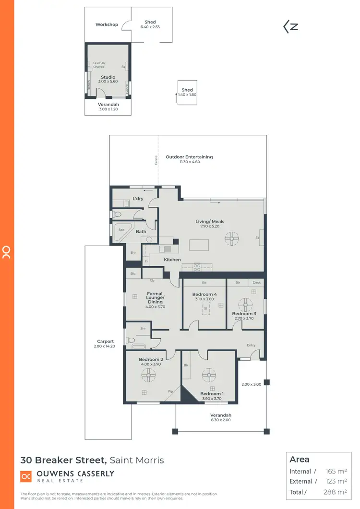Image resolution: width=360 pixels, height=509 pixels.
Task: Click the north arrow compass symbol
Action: coord(291,27)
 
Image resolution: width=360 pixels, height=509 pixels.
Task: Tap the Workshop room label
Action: coord(107,24)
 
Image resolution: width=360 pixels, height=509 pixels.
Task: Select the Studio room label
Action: coord(108,77)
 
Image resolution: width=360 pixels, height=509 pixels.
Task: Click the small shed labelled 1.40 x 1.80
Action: coord(187,92)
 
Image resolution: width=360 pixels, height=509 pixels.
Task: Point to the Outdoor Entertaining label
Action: coord(189,157)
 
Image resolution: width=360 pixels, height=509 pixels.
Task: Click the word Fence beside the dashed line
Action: coord(156,160)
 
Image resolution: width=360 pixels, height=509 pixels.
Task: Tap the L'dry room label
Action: coord(138,199)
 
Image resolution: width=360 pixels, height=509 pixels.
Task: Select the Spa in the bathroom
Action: coord(121,230)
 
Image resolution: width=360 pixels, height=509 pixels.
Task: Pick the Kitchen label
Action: coord(172,260)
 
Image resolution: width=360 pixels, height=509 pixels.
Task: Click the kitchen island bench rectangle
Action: coord(199,245)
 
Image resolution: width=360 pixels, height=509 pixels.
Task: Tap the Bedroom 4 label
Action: coord(204,294)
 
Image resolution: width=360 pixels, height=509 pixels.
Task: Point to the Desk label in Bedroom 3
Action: coord(257,283)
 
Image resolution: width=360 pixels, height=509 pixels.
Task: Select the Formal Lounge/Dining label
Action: coord(155,297)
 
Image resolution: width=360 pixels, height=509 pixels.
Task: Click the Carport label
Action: coord(105,342)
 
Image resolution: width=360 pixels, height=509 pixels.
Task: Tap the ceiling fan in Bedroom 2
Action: coord(148,375)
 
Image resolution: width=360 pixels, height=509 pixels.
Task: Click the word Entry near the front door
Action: coord(251,345)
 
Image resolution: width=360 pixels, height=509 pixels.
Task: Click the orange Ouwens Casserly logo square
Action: coord(26,476)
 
